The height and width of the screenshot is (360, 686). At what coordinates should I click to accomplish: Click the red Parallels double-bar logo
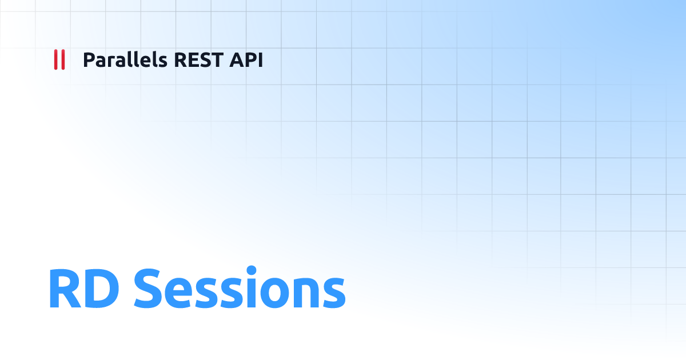[59, 59]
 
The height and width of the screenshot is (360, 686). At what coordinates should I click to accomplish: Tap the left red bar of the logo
[55, 59]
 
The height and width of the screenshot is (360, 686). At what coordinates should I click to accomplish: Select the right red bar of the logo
[62, 59]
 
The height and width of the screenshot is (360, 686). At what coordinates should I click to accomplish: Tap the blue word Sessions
[240, 289]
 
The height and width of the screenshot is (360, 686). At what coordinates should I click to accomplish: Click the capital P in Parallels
[89, 59]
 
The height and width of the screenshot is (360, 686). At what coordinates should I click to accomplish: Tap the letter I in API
[260, 59]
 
